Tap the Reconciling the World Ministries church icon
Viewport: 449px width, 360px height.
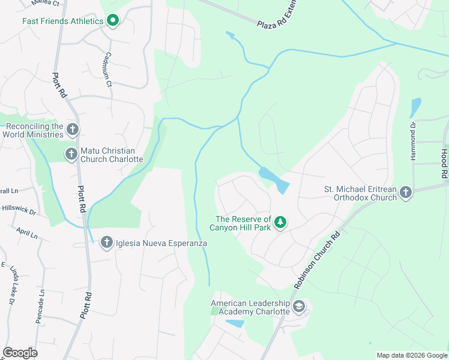(x=72, y=130)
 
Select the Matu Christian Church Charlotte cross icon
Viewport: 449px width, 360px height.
(x=71, y=155)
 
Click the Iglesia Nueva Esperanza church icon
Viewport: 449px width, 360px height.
(x=106, y=242)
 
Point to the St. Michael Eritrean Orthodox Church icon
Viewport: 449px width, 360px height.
(x=405, y=193)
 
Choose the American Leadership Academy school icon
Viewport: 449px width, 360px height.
(x=299, y=307)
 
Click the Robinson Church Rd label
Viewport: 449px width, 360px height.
(x=316, y=259)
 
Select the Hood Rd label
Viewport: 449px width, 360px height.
(x=444, y=163)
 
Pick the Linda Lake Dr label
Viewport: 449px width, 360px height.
(x=13, y=286)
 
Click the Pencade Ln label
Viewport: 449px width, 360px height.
(x=41, y=305)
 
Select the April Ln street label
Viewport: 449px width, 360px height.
(x=27, y=233)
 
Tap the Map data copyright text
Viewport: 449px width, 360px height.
(x=411, y=355)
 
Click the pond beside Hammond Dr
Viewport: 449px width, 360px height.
(x=415, y=107)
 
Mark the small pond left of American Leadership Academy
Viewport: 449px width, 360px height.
(x=235, y=323)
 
